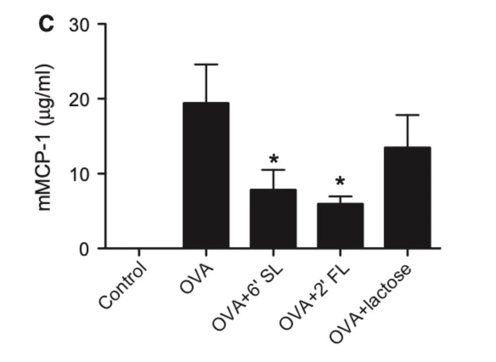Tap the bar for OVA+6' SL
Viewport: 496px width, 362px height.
[273, 219]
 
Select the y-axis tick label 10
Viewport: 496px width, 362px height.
[81, 173]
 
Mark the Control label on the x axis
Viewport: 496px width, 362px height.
[123, 284]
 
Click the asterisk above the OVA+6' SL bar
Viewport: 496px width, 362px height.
[273, 160]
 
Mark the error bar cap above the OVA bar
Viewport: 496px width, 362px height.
[206, 64]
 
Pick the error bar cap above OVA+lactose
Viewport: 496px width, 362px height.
[408, 115]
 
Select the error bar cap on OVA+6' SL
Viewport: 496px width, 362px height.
[273, 170]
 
